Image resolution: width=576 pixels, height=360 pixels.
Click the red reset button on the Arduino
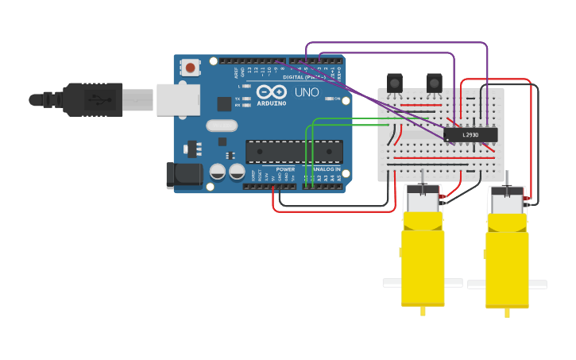pyautogui.click(x=191, y=68)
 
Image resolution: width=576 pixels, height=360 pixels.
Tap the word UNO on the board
pyautogui.click(x=307, y=92)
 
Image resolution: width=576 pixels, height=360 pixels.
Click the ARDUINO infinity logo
pyautogui.click(x=271, y=92)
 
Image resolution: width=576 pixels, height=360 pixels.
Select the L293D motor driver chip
pyautogui.click(x=471, y=135)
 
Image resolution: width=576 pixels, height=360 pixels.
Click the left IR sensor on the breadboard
pyautogui.click(x=394, y=82)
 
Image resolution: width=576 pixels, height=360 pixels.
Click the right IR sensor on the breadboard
pyautogui.click(x=434, y=82)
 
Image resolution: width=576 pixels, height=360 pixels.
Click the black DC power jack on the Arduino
pyautogui.click(x=181, y=176)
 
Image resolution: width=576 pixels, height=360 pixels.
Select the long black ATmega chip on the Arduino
pyautogui.click(x=293, y=151)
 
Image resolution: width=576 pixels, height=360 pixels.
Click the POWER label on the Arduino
pyautogui.click(x=285, y=169)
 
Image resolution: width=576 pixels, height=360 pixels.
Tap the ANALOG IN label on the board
pyautogui.click(x=326, y=169)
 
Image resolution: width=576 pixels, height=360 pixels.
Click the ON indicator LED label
pyautogui.click(x=338, y=99)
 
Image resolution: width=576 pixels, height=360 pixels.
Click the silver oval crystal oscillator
pyautogui.click(x=222, y=125)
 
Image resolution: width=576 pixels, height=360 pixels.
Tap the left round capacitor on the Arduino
pyautogui.click(x=218, y=171)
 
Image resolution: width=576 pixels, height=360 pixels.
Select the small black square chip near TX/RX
pyautogui.click(x=225, y=103)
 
